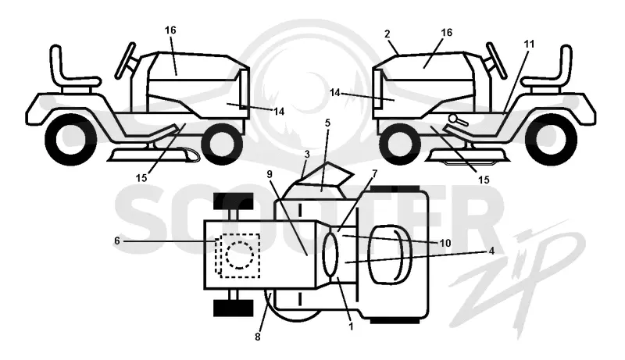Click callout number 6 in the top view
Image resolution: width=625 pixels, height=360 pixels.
click(x=116, y=241)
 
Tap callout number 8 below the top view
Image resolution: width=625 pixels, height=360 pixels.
click(x=258, y=337)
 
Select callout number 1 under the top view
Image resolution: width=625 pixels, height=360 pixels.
click(x=352, y=326)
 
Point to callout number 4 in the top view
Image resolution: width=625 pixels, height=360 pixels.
click(x=491, y=251)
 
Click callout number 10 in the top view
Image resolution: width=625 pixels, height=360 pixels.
click(x=445, y=243)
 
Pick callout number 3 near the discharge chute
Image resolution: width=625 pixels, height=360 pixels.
click(x=307, y=155)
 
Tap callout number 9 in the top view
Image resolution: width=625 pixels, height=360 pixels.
click(x=270, y=174)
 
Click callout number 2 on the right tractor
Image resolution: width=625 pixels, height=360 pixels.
click(x=387, y=34)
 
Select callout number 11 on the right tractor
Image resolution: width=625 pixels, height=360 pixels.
click(x=529, y=44)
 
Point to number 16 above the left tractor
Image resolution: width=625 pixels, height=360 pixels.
click(x=170, y=30)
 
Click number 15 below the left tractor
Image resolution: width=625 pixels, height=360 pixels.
click(x=141, y=177)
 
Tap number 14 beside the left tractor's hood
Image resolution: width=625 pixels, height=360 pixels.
click(x=279, y=112)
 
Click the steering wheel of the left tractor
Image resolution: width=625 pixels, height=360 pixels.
click(x=126, y=60)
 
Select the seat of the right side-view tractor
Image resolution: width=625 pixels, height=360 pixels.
click(x=550, y=70)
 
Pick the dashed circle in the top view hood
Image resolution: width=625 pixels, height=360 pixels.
click(x=240, y=255)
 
